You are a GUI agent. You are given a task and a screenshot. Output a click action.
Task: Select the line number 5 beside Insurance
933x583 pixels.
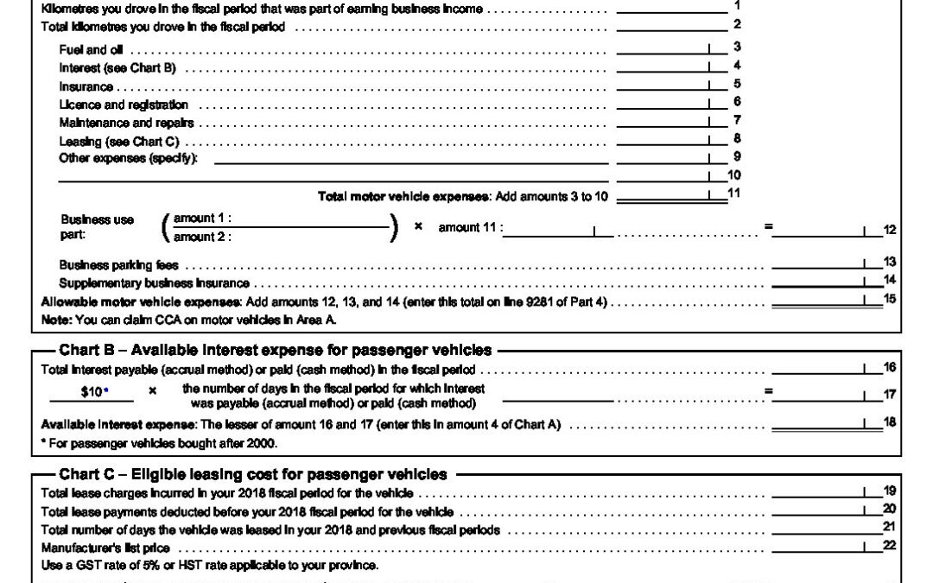[x=737, y=85]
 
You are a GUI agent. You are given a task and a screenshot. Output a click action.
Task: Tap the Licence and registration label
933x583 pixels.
[x=124, y=105]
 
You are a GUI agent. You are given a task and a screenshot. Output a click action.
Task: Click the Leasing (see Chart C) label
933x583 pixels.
[x=119, y=141]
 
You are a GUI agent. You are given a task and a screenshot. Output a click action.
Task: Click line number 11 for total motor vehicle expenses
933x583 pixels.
[x=735, y=194]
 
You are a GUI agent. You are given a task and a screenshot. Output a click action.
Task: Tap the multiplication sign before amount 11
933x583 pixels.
[x=418, y=226]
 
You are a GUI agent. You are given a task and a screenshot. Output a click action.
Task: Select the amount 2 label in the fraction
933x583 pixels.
[x=202, y=237]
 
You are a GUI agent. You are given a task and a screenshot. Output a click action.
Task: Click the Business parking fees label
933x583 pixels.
[x=118, y=265]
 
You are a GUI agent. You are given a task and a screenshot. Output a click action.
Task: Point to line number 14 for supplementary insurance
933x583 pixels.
[x=890, y=281]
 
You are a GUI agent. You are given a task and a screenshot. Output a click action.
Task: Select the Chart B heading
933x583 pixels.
[x=275, y=350]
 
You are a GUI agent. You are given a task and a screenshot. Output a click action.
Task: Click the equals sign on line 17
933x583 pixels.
[x=768, y=390]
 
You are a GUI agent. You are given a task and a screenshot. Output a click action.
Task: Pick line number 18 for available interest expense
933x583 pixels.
[x=890, y=422]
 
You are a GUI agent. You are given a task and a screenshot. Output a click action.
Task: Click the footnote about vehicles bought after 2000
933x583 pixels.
[x=160, y=443]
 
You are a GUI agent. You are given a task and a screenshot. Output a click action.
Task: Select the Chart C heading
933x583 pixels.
[x=253, y=474]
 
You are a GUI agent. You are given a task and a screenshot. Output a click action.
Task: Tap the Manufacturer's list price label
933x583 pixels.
[x=105, y=548]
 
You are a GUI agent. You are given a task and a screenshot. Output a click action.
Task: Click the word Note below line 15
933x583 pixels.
[x=56, y=319]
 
